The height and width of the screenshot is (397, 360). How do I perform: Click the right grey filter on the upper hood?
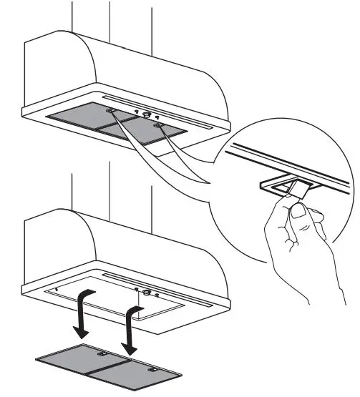[140, 132]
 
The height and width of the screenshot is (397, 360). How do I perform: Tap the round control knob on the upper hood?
[147, 114]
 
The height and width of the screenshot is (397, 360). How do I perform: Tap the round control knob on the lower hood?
[147, 292]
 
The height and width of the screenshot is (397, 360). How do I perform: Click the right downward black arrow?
[131, 330]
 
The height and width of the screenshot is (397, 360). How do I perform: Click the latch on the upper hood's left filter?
[110, 111]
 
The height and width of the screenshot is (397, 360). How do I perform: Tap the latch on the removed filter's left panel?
[103, 354]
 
